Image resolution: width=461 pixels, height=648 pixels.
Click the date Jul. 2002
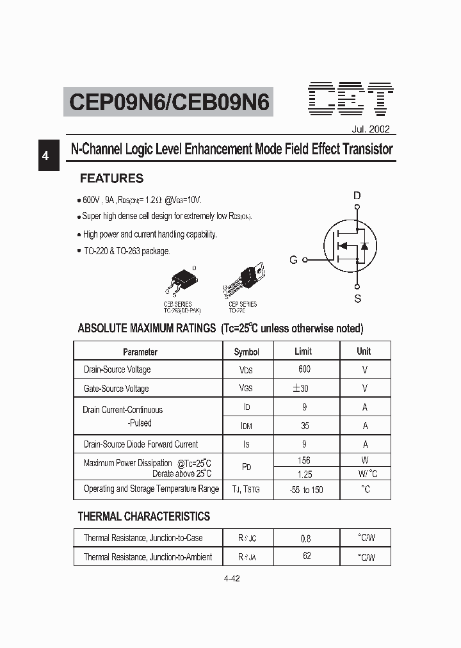click(370, 129)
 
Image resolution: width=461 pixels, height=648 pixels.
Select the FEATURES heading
click(111, 179)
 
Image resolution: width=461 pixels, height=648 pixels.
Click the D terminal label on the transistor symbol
click(357, 196)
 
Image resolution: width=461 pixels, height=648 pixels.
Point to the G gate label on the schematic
click(293, 260)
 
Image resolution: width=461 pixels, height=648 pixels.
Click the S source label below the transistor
click(358, 298)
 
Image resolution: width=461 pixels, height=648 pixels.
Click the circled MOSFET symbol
click(348, 247)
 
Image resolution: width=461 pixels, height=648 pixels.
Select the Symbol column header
click(247, 352)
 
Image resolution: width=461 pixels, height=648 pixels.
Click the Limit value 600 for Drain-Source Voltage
click(304, 369)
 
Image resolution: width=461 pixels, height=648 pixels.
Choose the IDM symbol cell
click(247, 426)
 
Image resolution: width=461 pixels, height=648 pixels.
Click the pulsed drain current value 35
click(304, 425)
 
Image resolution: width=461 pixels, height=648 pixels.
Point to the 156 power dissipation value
click(304, 460)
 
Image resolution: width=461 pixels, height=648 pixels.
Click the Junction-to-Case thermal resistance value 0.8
click(305, 539)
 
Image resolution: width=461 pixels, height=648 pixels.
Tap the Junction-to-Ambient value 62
click(307, 556)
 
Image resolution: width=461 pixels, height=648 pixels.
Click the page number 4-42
click(232, 578)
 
